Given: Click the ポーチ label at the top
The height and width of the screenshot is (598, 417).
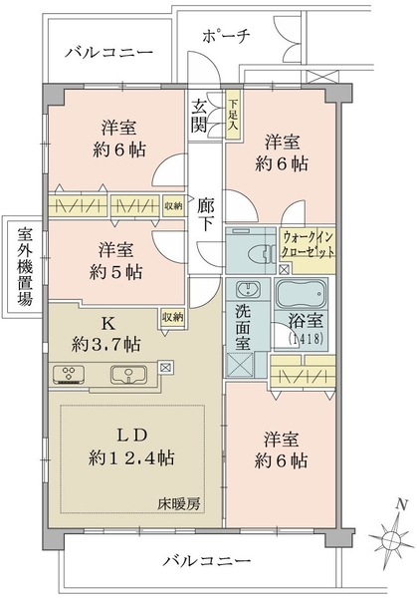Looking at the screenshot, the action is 226,36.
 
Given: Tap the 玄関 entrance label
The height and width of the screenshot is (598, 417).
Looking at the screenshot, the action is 199,116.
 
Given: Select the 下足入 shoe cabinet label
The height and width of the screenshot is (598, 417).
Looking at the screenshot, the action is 232,116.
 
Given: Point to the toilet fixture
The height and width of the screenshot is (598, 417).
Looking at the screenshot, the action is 262,252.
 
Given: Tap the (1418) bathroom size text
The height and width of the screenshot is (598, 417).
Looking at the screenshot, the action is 306,338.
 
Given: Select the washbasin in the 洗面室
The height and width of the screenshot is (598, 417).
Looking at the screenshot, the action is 248,289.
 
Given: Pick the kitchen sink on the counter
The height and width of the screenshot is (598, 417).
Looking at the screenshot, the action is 128,374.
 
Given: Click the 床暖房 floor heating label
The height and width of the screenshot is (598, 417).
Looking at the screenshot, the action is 179,504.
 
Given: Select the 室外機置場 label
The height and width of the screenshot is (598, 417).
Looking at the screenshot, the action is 25,266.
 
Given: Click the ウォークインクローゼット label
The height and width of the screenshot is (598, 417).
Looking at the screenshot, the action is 308,244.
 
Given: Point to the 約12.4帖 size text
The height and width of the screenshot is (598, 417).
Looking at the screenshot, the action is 131,457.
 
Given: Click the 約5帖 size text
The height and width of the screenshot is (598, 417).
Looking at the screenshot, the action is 116,272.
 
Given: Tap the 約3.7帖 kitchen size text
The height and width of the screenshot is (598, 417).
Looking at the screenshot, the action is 105,345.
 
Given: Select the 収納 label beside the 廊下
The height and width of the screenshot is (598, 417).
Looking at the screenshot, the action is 173,206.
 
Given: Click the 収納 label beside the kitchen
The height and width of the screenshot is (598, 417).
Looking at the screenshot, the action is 172,317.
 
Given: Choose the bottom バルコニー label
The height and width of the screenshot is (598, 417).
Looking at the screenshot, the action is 208,560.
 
